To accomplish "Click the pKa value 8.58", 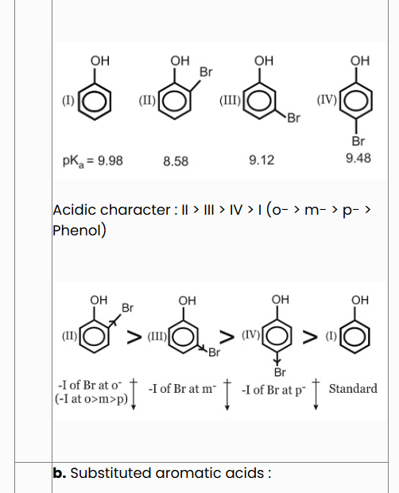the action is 176,161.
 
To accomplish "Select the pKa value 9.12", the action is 261,161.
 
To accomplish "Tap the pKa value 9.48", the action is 358,157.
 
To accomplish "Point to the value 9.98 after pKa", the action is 110,161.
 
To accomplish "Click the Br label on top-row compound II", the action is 206,72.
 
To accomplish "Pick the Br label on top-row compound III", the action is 294,118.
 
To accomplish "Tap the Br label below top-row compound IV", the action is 358,142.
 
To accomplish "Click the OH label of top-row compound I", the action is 100,60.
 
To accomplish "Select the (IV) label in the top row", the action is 327,100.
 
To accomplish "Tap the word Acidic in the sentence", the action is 74,210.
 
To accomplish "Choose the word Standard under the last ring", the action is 353,389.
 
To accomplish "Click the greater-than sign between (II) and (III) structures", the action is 134,336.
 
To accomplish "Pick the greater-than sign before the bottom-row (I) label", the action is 311,336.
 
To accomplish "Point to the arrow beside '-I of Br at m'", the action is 227,394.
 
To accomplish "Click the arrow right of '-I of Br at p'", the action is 316,394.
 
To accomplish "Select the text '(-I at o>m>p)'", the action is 91,399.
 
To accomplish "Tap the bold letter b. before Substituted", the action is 60,473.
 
